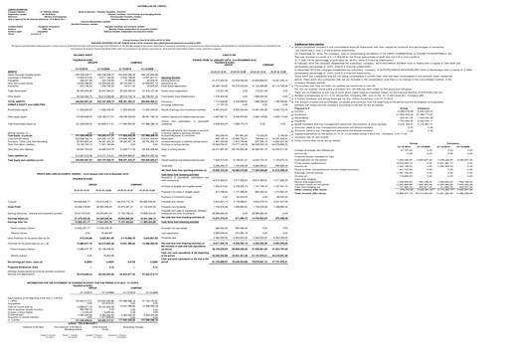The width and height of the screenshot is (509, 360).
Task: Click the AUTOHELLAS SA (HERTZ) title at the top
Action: click(254, 4)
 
